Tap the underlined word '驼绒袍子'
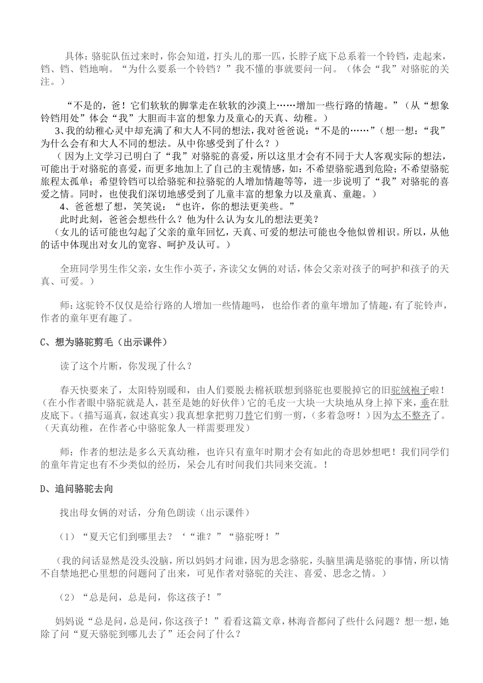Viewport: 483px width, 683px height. [x=410, y=391]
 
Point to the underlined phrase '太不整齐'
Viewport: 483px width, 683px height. [x=411, y=415]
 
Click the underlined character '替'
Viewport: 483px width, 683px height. [x=249, y=415]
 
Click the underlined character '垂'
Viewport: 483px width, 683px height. [x=425, y=403]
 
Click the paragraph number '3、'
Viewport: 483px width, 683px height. [x=64, y=131]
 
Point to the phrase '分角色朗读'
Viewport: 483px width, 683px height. [x=171, y=513]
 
